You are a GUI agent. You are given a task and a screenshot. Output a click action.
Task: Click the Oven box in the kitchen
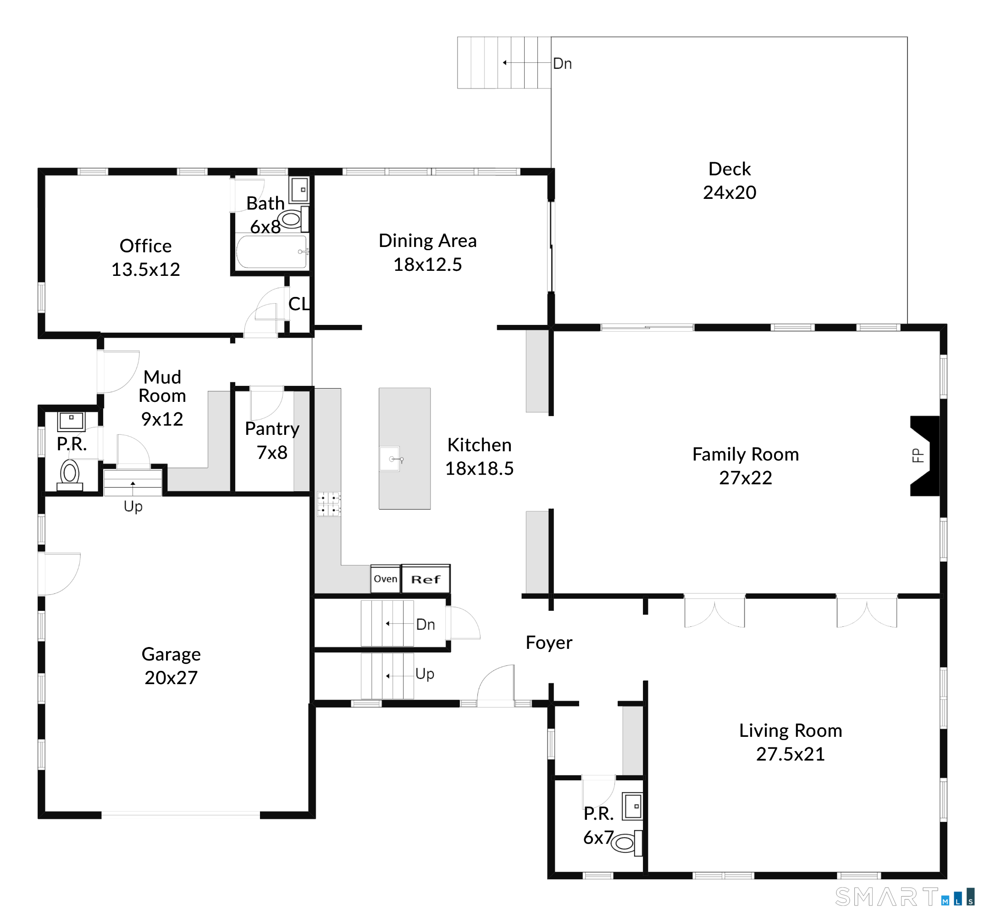click(x=385, y=579)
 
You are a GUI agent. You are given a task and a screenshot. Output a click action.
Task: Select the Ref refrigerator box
click(x=425, y=579)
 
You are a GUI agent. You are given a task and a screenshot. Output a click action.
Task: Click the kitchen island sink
click(x=389, y=459)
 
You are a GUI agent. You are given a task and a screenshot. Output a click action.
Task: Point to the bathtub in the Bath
click(x=271, y=252)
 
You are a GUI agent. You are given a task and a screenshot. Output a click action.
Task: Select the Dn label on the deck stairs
click(x=562, y=64)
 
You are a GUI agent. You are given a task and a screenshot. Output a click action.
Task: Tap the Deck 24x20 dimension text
click(x=729, y=192)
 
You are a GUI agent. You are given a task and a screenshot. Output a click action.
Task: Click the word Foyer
click(x=548, y=643)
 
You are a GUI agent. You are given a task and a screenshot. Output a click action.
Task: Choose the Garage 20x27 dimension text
click(x=171, y=677)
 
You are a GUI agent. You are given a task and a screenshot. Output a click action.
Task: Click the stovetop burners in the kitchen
click(x=328, y=504)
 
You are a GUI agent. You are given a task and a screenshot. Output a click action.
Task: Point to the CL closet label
click(x=299, y=304)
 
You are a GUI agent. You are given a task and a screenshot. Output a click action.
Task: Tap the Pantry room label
click(x=272, y=429)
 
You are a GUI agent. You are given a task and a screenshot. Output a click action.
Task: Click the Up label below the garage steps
click(x=133, y=506)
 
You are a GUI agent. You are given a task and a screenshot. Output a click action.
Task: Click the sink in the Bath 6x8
click(x=299, y=190)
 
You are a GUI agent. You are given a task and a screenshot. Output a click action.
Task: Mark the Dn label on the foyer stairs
click(x=425, y=625)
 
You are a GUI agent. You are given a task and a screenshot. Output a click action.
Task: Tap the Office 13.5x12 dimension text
click(x=146, y=269)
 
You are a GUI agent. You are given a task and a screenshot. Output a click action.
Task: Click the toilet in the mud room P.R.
click(x=70, y=472)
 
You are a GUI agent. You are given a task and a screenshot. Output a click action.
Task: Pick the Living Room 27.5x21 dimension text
click(x=790, y=754)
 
